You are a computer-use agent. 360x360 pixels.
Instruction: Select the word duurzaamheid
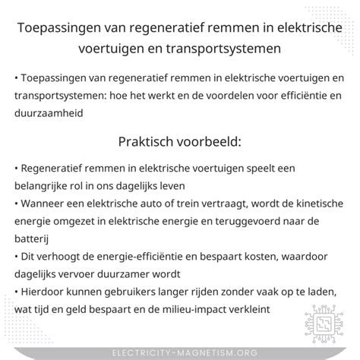pyautogui.click(x=50, y=113)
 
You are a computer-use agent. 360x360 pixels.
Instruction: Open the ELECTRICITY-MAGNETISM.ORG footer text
pyautogui.click(x=180, y=351)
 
